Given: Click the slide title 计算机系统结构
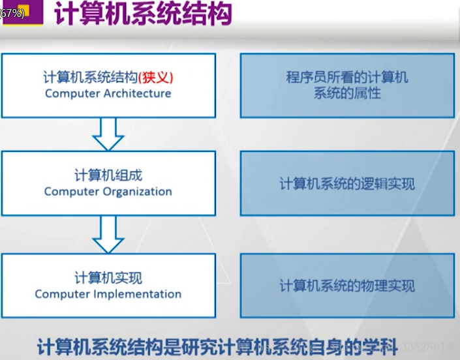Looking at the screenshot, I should [x=143, y=14].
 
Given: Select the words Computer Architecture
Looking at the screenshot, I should [x=108, y=93].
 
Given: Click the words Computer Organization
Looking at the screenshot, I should [x=108, y=192].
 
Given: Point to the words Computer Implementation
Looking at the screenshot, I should [x=108, y=293].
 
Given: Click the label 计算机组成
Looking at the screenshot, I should [x=108, y=175].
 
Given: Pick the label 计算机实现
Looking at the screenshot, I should [x=108, y=278].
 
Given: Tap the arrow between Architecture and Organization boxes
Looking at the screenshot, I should [x=108, y=133].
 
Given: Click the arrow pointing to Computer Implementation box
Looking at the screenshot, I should [x=108, y=235].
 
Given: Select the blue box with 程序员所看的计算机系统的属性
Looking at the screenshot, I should [x=347, y=85].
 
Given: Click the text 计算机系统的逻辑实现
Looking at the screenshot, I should [x=347, y=184].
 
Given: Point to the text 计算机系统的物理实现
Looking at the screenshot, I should [x=347, y=286].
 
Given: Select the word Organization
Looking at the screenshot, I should [x=137, y=192].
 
